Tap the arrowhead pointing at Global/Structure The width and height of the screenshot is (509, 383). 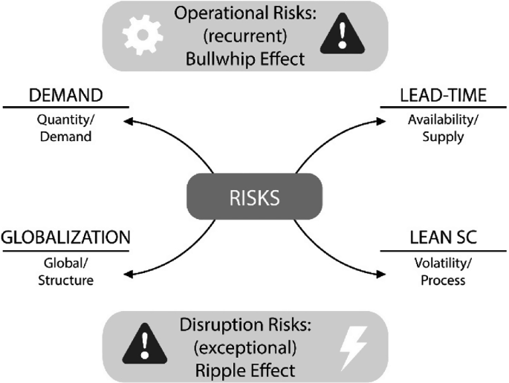coord(126,275)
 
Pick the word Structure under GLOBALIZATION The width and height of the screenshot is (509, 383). coord(68,281)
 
